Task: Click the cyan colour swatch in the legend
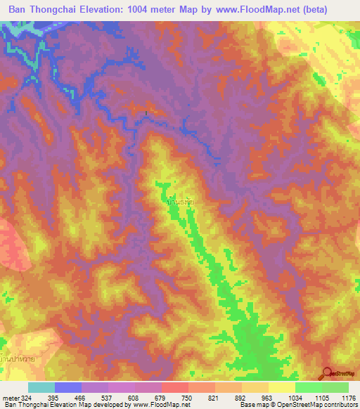pyautogui.click(x=41, y=387)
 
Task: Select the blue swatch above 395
pyautogui.click(x=68, y=387)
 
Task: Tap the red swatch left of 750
pyautogui.click(x=174, y=387)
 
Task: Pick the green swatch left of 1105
pyautogui.click(x=308, y=387)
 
